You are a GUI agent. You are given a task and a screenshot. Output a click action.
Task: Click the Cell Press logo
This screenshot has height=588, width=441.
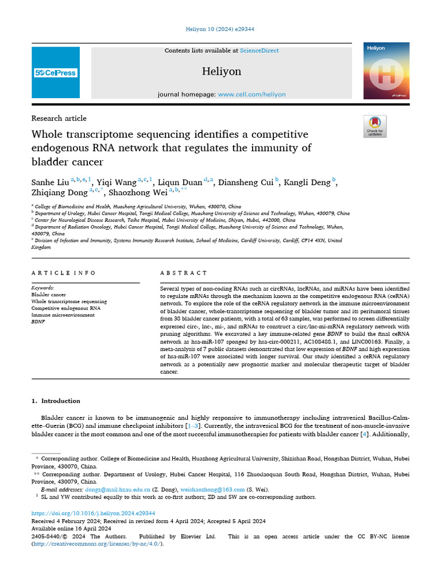[56, 72]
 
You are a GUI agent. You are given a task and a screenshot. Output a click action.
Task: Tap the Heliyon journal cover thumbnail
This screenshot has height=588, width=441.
[386, 71]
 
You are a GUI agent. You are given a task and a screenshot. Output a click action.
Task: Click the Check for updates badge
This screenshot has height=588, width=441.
[375, 126]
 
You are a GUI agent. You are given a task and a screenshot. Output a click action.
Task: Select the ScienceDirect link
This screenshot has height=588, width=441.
[259, 51]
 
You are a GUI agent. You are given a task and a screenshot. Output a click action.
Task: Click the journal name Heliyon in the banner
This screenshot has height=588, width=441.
[222, 71]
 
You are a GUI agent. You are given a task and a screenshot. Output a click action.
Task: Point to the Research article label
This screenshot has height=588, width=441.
[59, 118]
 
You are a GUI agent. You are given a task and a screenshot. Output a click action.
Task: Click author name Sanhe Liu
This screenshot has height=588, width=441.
[50, 183]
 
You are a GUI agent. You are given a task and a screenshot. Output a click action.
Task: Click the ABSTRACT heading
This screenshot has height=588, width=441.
[184, 273]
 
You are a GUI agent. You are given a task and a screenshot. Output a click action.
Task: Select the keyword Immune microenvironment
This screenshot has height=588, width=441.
[63, 315]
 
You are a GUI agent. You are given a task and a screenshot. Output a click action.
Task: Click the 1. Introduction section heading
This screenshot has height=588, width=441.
[56, 401]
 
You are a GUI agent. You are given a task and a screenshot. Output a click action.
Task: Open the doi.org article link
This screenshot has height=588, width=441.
[93, 513]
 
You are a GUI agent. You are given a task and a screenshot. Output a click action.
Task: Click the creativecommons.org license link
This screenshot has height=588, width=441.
[97, 544]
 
